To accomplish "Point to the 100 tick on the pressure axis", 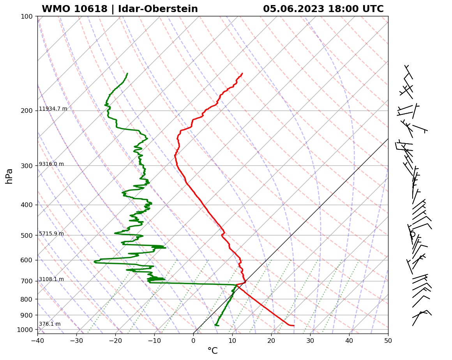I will [x=26, y=16].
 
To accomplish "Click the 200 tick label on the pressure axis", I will [x=26, y=111].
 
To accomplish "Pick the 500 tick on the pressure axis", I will [x=26, y=235].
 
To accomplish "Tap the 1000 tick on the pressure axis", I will [x=25, y=330].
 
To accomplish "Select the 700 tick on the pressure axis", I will [x=26, y=281].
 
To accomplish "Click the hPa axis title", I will [x=9, y=176].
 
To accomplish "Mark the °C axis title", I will [x=212, y=351].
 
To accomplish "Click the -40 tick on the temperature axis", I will [x=37, y=340].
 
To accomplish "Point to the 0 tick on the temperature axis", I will [x=193, y=340].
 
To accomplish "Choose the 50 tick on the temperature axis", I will [x=388, y=340].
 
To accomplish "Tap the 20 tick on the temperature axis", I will [x=271, y=340].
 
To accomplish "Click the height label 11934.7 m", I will [x=53, y=109].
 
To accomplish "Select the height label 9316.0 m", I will [x=51, y=164].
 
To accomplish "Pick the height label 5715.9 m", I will [x=51, y=234].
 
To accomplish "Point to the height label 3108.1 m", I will [x=51, y=279].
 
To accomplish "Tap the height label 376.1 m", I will [x=50, y=324].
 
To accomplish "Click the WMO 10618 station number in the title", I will [x=74, y=9].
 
